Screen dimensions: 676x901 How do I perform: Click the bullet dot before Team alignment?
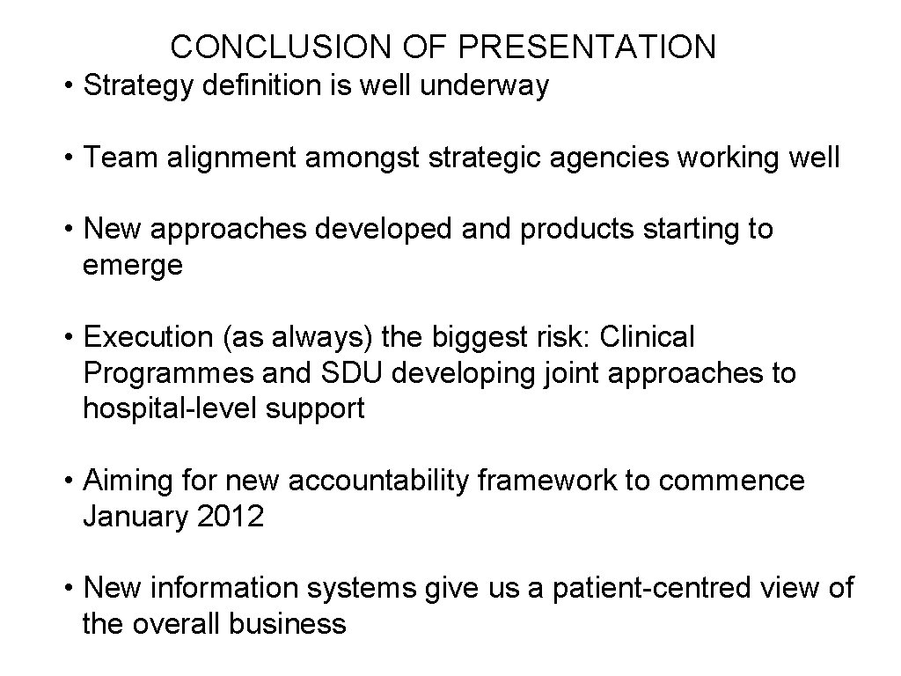coord(69,158)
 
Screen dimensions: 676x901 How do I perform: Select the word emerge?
coord(133,266)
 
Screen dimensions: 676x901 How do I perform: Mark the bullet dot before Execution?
coord(69,337)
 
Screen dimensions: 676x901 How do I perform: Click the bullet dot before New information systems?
coord(69,589)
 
